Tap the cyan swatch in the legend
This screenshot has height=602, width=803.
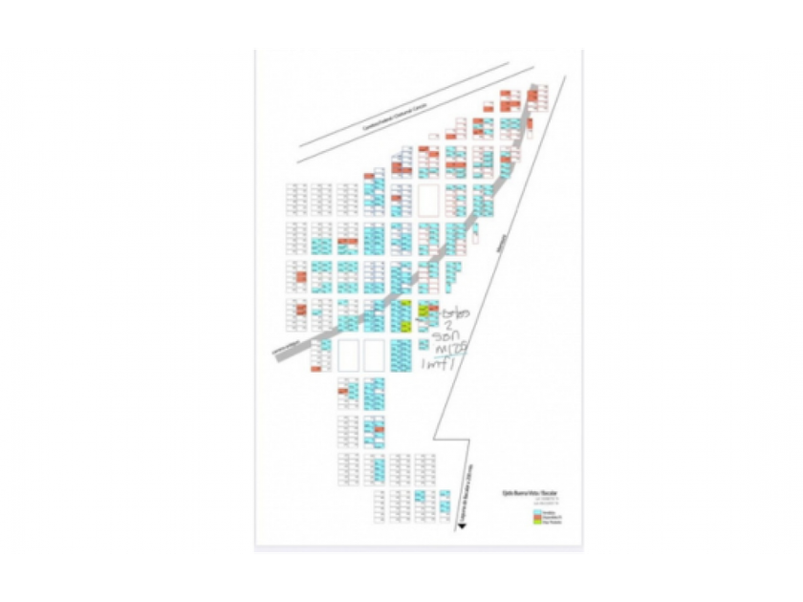tap(535, 511)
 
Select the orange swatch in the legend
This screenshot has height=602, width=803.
tap(535, 516)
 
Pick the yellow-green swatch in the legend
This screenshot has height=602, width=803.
tap(535, 522)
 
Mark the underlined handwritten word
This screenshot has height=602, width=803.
tap(447, 350)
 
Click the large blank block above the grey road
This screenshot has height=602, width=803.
tap(427, 201)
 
